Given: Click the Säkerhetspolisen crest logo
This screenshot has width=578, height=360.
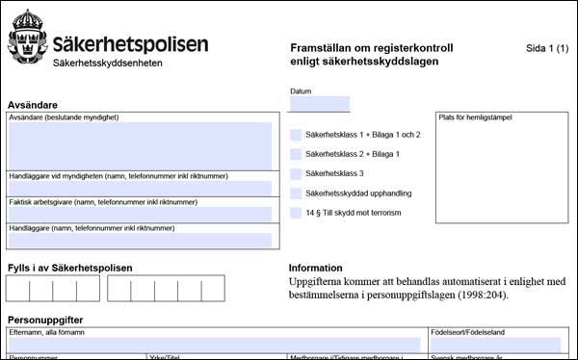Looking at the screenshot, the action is click(25, 38).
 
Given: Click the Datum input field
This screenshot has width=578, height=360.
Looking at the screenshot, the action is click(319, 104).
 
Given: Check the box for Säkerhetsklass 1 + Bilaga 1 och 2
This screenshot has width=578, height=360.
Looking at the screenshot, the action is click(296, 135).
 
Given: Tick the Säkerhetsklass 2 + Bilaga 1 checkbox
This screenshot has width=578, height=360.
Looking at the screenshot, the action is click(296, 154).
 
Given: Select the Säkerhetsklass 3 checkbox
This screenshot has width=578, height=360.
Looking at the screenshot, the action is click(296, 174).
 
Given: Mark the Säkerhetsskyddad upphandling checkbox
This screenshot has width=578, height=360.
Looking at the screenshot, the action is click(296, 193).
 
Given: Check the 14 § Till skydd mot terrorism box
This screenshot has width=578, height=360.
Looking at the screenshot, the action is click(296, 213).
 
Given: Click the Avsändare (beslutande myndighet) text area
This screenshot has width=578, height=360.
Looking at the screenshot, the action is click(140, 145).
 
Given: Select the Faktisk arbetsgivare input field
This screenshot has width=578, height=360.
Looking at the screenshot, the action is click(140, 215).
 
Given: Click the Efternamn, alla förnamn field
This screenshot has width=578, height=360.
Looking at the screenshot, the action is click(213, 345).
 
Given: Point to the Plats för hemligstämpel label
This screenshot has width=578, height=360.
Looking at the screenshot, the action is click(475, 117).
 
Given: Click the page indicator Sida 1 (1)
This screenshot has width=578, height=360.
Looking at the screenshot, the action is click(547, 47).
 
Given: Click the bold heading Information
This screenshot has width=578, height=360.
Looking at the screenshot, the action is click(315, 268).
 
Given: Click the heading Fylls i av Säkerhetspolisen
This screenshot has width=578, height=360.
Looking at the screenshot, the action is click(69, 268).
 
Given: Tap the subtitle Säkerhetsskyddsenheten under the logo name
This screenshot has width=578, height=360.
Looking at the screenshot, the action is click(107, 64).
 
